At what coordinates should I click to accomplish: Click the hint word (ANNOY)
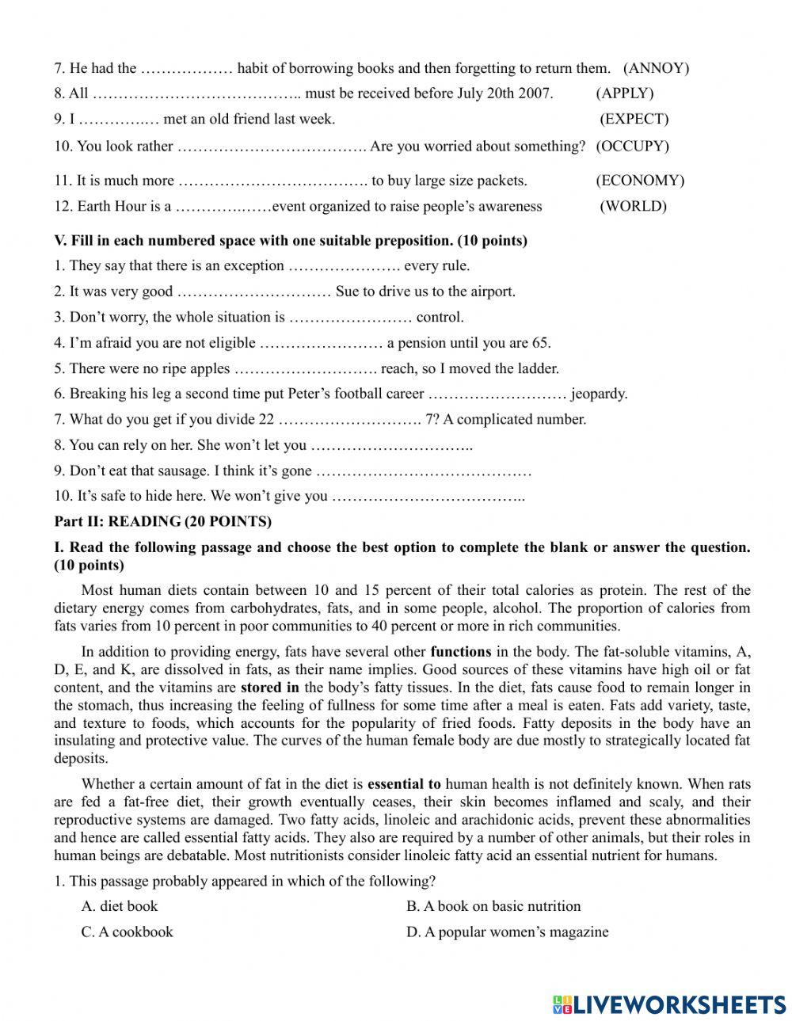[657, 68]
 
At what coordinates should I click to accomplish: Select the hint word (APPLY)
[625, 93]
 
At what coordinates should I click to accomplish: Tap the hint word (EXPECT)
[634, 120]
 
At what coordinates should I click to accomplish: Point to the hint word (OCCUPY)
[632, 147]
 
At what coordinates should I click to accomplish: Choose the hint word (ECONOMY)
[640, 181]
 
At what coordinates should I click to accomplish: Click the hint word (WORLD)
[633, 207]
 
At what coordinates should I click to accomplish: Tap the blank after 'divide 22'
[350, 420]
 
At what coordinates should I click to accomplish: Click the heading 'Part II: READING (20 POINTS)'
[162, 521]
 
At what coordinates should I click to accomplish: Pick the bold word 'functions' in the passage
[461, 653]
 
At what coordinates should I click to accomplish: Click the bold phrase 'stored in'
[270, 688]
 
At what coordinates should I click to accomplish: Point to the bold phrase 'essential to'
[405, 784]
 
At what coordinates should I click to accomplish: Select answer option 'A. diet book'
[120, 906]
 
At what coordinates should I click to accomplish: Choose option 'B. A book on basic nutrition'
[493, 906]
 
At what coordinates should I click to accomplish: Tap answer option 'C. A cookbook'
[127, 932]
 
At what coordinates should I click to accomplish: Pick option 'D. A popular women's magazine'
[508, 932]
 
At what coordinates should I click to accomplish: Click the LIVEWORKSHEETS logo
[669, 1004]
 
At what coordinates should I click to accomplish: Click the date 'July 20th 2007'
[504, 93]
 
